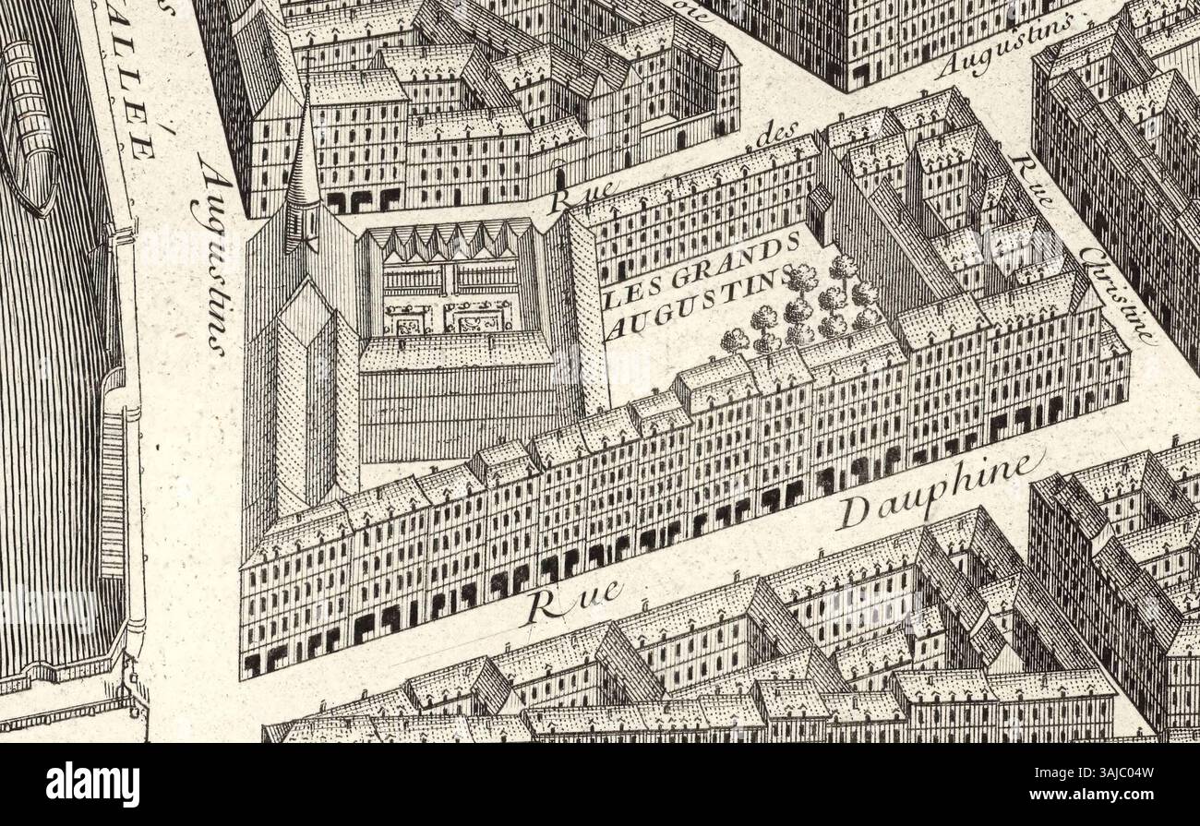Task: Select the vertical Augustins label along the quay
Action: tap(213, 254)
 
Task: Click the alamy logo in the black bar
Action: tap(92, 784)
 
